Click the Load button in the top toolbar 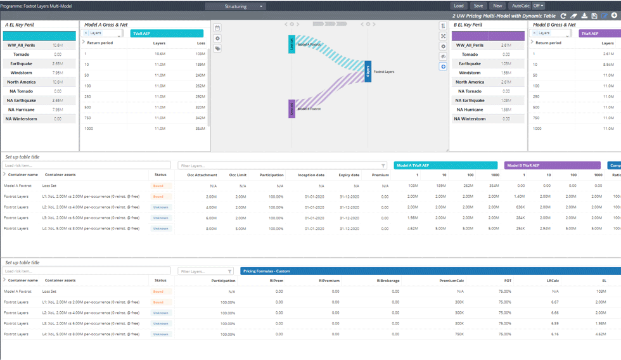[x=458, y=6]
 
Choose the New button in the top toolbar [x=497, y=6]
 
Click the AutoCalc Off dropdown [x=538, y=6]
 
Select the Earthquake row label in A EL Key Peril [x=21, y=63]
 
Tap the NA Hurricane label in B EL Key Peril [x=470, y=110]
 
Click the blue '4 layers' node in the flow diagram [x=368, y=72]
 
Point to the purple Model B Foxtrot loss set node [x=292, y=108]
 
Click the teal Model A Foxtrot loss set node [x=292, y=44]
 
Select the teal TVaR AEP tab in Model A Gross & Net [x=167, y=33]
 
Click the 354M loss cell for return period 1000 [x=200, y=129]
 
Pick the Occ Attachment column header [x=202, y=175]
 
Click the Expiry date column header [x=349, y=175]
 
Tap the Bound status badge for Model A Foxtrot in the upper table [x=158, y=186]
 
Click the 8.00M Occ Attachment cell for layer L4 [x=212, y=228]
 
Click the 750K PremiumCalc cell [x=459, y=334]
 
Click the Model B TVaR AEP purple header [x=552, y=165]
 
